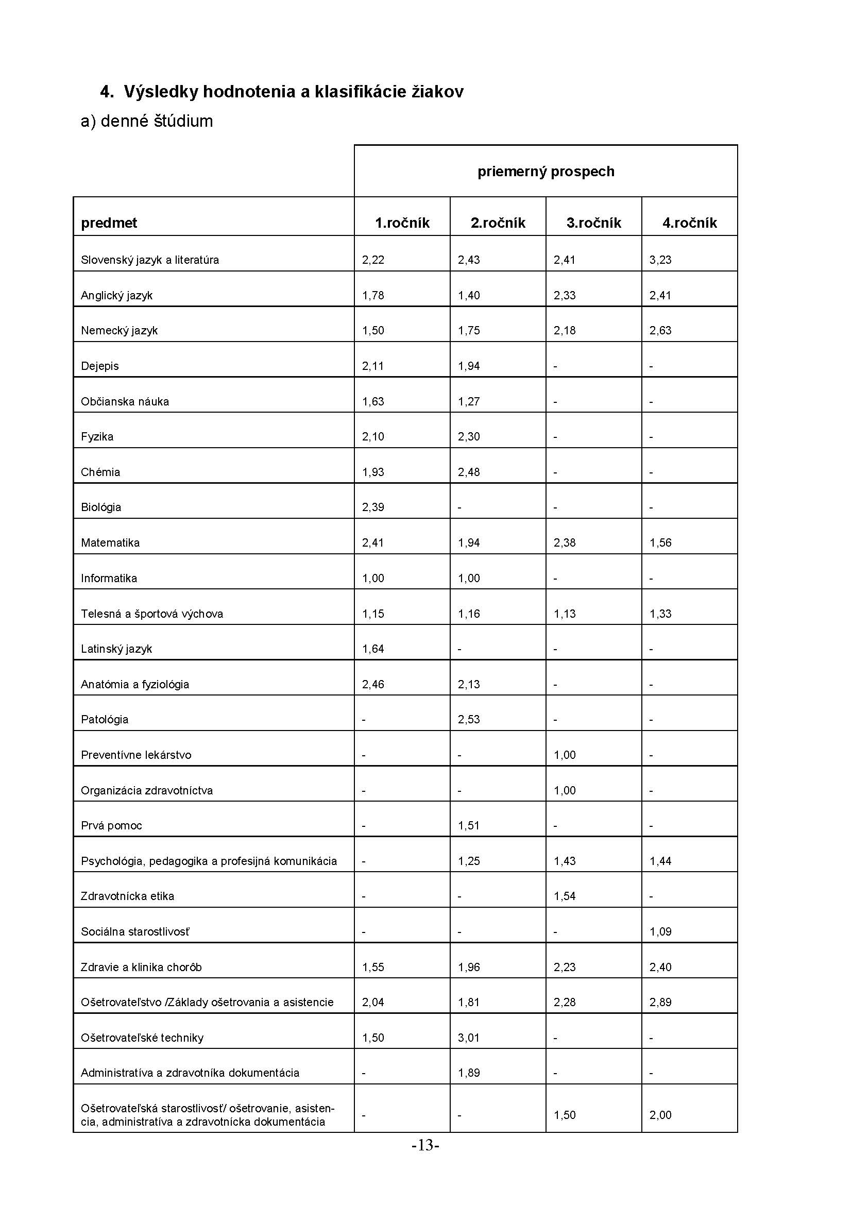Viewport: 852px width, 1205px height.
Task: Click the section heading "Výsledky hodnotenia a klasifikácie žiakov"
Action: click(293, 92)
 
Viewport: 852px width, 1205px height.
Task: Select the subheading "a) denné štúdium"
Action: click(146, 121)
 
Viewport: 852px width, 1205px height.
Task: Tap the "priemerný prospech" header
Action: click(546, 172)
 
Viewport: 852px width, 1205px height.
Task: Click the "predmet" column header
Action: click(109, 223)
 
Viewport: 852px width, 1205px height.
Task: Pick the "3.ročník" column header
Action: click(593, 223)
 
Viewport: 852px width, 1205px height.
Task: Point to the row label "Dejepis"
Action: click(100, 366)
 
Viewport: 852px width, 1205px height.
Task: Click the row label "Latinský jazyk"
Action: click(116, 649)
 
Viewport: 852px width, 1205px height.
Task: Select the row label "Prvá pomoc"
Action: click(111, 825)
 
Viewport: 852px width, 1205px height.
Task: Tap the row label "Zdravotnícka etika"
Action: click(127, 896)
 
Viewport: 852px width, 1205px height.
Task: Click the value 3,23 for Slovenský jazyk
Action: click(660, 260)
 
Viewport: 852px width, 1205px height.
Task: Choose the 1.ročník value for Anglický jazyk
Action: click(373, 296)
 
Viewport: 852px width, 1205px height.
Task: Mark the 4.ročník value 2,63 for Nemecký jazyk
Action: click(660, 331)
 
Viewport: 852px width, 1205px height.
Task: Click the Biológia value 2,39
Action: click(373, 507)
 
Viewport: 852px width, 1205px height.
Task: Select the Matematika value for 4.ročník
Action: click(660, 542)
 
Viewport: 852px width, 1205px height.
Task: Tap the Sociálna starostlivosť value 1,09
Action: click(660, 931)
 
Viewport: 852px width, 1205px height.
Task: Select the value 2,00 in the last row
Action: click(660, 1115)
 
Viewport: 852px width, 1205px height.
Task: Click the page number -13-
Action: click(425, 1146)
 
